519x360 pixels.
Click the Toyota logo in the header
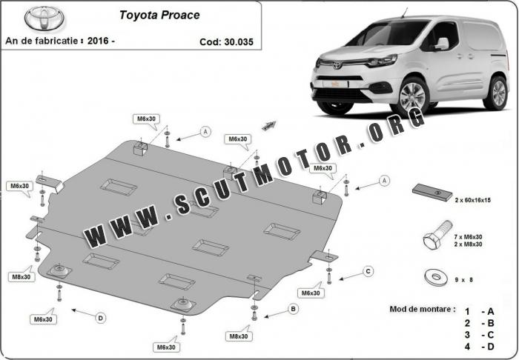44,19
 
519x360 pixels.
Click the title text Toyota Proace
159,16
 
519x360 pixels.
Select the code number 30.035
238,42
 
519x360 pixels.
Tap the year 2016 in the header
98,41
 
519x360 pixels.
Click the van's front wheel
411,96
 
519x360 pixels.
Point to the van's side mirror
442,44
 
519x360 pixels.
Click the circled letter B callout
293,309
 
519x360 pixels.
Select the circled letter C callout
368,272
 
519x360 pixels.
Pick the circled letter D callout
101,319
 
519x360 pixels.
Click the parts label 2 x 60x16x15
472,200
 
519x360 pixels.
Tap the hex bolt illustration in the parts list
437,236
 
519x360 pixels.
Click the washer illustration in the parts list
435,277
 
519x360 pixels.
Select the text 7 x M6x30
468,237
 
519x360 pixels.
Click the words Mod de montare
422,310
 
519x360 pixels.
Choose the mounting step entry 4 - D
479,347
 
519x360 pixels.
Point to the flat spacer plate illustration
432,193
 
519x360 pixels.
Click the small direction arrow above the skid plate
269,125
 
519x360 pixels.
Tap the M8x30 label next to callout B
239,336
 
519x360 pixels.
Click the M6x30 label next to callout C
311,293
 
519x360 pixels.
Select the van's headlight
383,61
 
